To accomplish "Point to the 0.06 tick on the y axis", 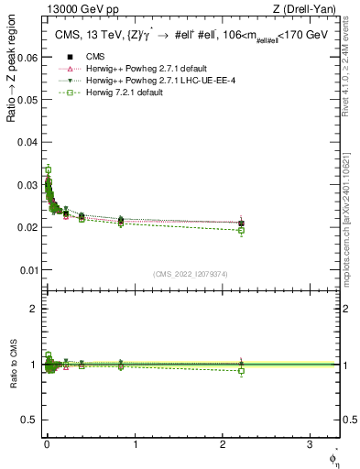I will click(28, 56).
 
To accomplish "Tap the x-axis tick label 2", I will click(223, 443).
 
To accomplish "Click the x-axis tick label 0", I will click(48, 443).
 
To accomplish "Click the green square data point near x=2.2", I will click(241, 230).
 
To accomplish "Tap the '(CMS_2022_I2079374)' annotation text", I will click(190, 273).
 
